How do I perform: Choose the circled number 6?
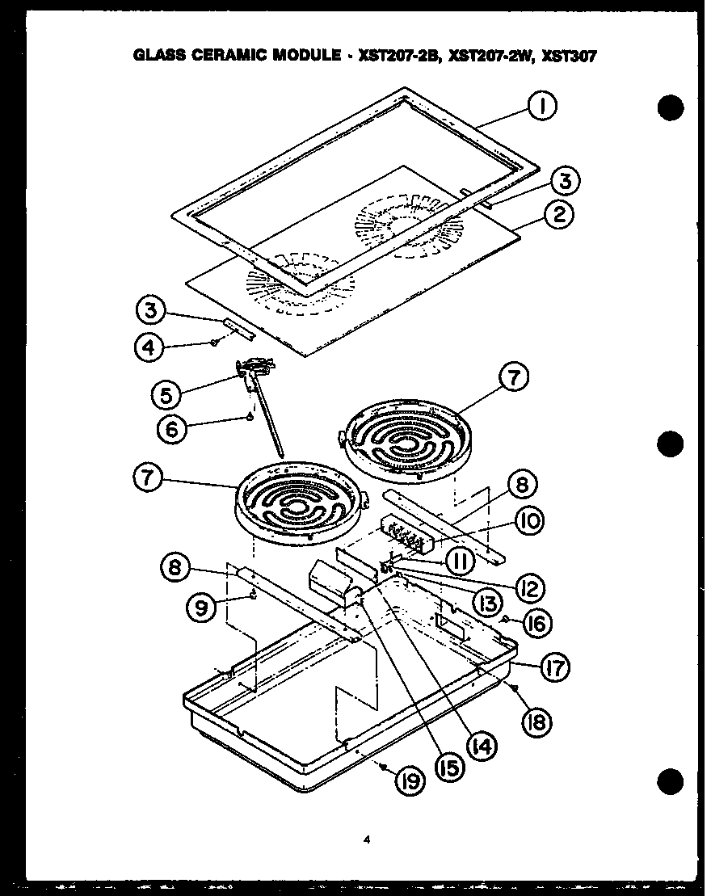[171, 428]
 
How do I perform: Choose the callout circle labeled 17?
[553, 667]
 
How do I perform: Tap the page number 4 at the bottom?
[367, 841]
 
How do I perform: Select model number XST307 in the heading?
[570, 56]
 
